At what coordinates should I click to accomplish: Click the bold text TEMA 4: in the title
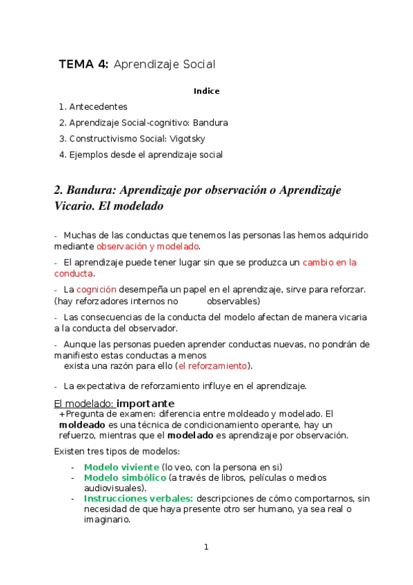point(83,65)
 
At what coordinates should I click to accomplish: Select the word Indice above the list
point(207,91)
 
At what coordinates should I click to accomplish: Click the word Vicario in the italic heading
point(73,206)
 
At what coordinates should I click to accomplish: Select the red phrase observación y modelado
point(148,246)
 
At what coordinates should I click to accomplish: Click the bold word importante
point(145,404)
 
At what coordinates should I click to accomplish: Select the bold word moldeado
point(82,425)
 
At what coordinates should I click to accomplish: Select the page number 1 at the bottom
point(205,548)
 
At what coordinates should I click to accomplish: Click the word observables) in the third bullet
point(234,301)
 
